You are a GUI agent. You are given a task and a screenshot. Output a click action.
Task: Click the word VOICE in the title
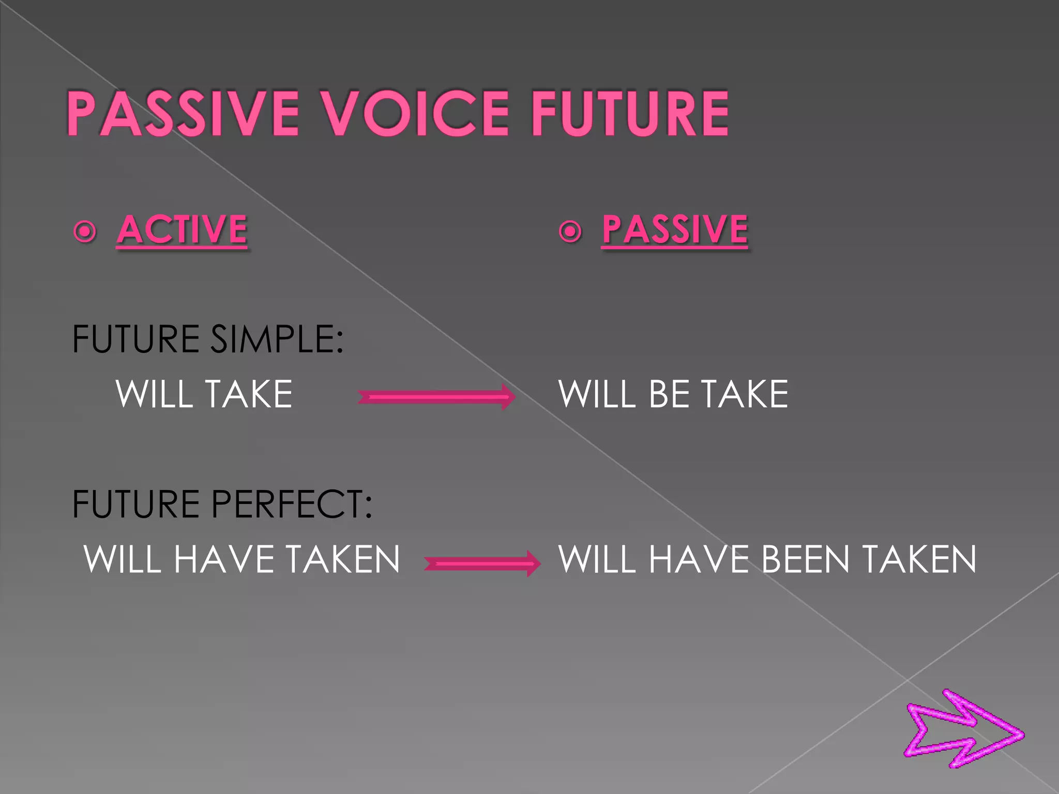[x=416, y=113]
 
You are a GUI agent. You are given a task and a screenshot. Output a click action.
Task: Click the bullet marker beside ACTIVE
[x=85, y=231]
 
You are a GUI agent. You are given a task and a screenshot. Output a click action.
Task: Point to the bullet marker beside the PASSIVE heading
[x=570, y=231]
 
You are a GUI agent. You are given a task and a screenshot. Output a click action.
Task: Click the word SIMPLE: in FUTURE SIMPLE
[x=277, y=339]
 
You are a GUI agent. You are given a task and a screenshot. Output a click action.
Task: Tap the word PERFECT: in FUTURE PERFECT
[x=292, y=504]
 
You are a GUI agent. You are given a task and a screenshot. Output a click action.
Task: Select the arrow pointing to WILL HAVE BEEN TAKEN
[x=482, y=563]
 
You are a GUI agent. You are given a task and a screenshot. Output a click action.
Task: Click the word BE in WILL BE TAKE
[x=667, y=394]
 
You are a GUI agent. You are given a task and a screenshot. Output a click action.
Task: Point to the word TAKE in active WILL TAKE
[x=249, y=394]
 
